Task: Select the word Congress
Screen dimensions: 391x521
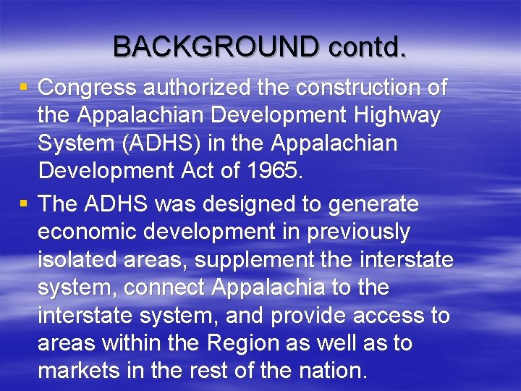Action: coord(88,88)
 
